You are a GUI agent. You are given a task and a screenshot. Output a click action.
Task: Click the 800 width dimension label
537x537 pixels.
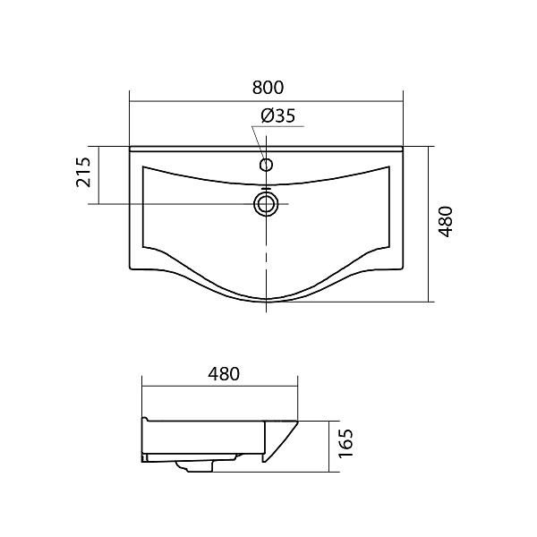[268, 88]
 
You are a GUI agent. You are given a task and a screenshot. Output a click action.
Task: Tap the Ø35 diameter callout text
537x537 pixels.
[277, 115]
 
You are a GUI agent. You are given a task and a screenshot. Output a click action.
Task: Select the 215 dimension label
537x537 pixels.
[83, 172]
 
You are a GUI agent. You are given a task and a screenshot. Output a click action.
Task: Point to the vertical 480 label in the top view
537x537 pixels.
[446, 222]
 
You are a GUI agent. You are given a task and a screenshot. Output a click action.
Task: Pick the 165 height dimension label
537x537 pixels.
[345, 443]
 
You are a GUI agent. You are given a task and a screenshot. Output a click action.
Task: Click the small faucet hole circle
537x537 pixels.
[266, 165]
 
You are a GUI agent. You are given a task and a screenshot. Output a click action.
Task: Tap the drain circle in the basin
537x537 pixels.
[266, 204]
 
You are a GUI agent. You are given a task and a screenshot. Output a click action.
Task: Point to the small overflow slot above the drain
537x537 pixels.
[266, 188]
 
